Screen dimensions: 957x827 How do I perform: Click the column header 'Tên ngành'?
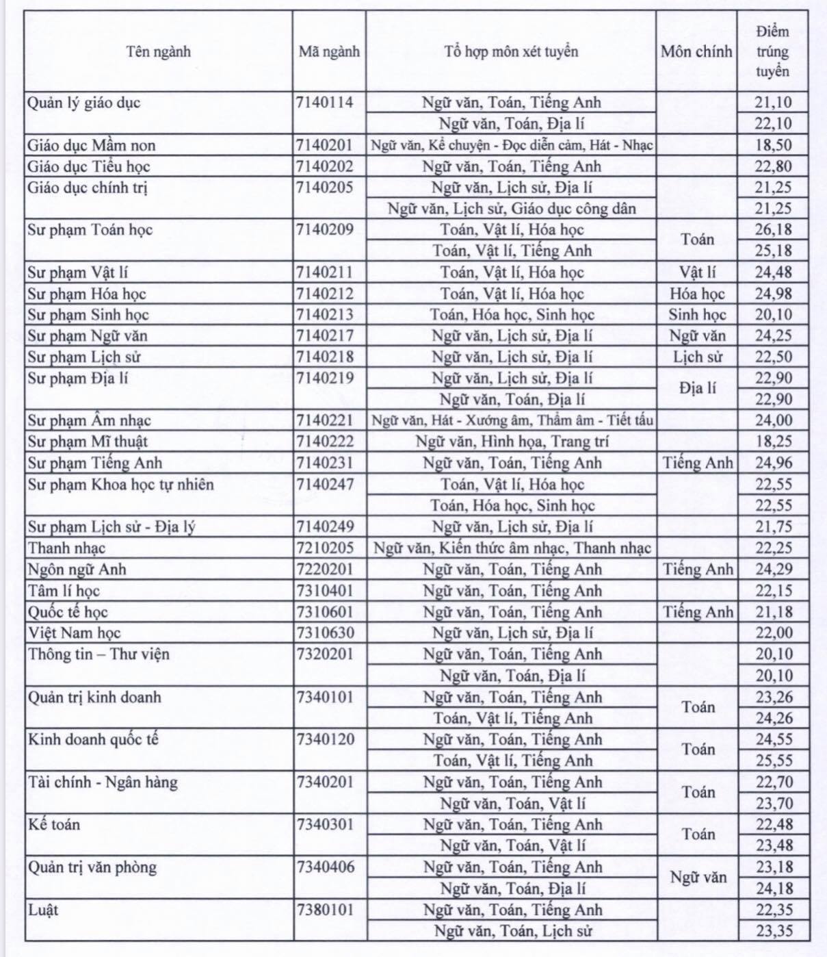pyautogui.click(x=158, y=52)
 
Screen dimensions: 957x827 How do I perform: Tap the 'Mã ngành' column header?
pyautogui.click(x=329, y=52)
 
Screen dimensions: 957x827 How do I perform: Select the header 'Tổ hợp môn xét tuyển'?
pyautogui.click(x=511, y=52)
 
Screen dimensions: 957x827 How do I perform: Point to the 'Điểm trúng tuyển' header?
pyautogui.click(x=773, y=51)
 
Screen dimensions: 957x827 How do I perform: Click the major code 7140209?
pyautogui.click(x=325, y=230)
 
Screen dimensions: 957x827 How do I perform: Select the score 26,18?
pyautogui.click(x=774, y=230)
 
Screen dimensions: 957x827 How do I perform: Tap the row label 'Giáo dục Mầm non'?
pyautogui.click(x=92, y=145)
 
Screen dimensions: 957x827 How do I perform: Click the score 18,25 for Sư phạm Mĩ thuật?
pyautogui.click(x=774, y=442)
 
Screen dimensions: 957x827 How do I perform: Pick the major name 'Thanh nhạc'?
pyautogui.click(x=67, y=548)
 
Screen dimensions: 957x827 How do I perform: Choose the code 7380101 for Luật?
pyautogui.click(x=326, y=910)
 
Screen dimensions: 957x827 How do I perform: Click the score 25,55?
pyautogui.click(x=774, y=761)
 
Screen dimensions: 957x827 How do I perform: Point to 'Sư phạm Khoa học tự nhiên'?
pyautogui.click(x=121, y=485)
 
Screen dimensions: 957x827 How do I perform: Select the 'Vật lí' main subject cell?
pyautogui.click(x=697, y=272)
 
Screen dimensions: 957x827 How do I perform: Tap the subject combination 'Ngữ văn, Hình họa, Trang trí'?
pyautogui.click(x=512, y=442)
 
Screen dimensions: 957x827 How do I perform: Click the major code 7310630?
pyautogui.click(x=326, y=633)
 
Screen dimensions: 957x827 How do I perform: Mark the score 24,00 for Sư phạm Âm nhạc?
pyautogui.click(x=774, y=420)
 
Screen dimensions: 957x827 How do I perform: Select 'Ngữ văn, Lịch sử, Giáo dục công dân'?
pyautogui.click(x=512, y=209)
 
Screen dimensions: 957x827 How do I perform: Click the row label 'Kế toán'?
pyautogui.click(x=54, y=825)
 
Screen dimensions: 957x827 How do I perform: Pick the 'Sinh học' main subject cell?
pyautogui.click(x=697, y=315)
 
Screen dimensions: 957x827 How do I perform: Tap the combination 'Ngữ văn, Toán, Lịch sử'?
pyautogui.click(x=512, y=931)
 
